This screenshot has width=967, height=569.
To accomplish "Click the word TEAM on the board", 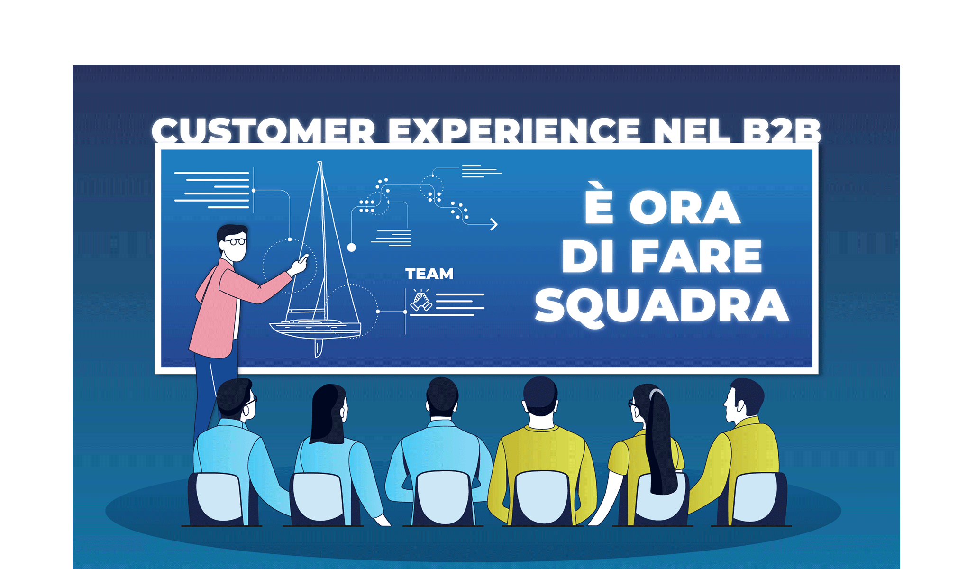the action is [429, 274].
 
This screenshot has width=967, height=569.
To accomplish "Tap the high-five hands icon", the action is [421, 300].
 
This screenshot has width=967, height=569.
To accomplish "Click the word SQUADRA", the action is [662, 306].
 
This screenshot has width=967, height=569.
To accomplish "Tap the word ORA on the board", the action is [684, 208].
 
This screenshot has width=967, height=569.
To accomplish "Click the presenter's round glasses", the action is [235, 242].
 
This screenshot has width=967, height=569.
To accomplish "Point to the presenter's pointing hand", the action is [300, 264].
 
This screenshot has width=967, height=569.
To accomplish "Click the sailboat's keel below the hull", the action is [319, 348].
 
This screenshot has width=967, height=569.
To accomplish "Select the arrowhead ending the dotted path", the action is [494, 224].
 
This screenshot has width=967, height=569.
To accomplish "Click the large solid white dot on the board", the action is [352, 247].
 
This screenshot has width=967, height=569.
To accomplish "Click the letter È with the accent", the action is [599, 202].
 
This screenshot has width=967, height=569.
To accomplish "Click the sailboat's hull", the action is [315, 328].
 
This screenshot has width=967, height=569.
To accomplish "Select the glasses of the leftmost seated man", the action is [251, 401].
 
